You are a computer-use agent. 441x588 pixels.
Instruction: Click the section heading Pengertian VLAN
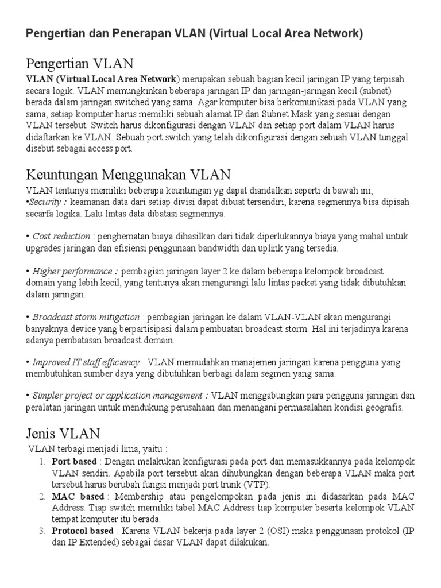[x=80, y=63]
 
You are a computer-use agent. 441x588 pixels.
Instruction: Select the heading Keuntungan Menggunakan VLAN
[x=128, y=174]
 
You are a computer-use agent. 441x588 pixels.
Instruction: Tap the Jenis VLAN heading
[x=63, y=432]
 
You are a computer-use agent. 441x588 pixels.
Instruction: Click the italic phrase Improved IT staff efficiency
[x=86, y=362]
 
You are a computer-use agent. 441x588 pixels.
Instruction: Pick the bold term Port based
[x=73, y=462]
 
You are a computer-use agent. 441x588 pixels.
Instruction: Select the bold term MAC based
[x=78, y=496]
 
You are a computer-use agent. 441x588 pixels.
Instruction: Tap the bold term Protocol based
[x=82, y=531]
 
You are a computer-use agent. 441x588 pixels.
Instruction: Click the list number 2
[x=42, y=496]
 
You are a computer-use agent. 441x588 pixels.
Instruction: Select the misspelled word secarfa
[x=41, y=214]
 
